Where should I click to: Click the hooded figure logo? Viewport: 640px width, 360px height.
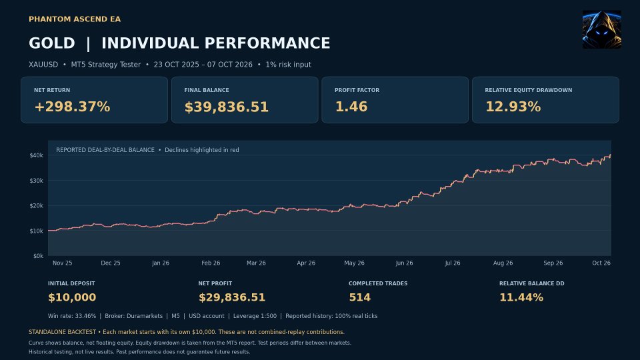pos(601,29)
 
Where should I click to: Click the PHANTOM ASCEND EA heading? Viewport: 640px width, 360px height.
pos(75,19)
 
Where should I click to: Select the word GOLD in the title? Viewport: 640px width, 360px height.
pos(52,43)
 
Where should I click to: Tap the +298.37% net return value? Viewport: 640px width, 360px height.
pos(72,107)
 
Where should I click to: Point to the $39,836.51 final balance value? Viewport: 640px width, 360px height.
pos(227,107)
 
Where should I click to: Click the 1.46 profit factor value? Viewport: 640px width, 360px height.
pos(351,107)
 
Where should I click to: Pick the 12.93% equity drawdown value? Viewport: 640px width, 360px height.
pos(513,107)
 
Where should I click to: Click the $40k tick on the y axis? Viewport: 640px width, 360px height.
pos(36,155)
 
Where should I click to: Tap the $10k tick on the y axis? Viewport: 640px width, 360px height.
pos(36,231)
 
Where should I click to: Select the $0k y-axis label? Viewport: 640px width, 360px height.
pos(38,256)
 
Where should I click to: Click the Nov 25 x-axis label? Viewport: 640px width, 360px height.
pos(63,263)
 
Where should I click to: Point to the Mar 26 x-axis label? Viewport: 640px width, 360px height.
pos(256,263)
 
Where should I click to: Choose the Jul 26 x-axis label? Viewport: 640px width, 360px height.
pos(453,263)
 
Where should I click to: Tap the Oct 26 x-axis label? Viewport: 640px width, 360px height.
pos(601,263)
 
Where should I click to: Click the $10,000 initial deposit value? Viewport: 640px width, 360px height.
pos(72,297)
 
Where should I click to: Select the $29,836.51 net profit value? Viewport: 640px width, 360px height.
pos(232,297)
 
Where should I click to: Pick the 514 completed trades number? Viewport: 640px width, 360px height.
pos(359,297)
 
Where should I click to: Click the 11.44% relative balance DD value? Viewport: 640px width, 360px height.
pos(521,297)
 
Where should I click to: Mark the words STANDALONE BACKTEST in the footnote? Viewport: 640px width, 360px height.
pos(62,332)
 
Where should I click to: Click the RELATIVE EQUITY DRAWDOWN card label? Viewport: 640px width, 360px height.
pos(528,90)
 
